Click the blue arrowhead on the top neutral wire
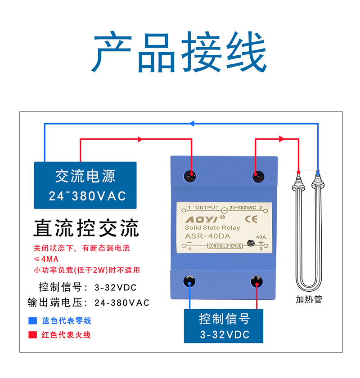pyautogui.click(x=192, y=124)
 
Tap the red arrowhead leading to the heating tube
pyautogui.click(x=281, y=139)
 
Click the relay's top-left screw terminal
pyautogui.click(x=190, y=176)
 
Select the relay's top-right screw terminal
pyautogui.click(x=258, y=177)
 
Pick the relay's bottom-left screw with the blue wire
pyautogui.click(x=189, y=281)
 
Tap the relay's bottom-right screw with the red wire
pyautogui.click(x=257, y=281)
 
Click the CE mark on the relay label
pyautogui.click(x=251, y=219)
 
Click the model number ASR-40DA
pyautogui.click(x=207, y=236)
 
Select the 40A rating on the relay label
pyautogui.click(x=261, y=237)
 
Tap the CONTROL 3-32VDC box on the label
pyautogui.click(x=225, y=246)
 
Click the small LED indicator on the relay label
pyautogui.click(x=251, y=243)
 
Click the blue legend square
pyautogui.click(x=32, y=320)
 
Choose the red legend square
pyautogui.click(x=32, y=335)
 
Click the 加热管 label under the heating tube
pyautogui.click(x=309, y=299)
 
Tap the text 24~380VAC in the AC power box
pyautogui.click(x=87, y=196)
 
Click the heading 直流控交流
pyautogui.click(x=86, y=228)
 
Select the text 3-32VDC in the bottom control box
pyautogui.click(x=225, y=334)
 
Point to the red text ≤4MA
pyautogui.click(x=46, y=259)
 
